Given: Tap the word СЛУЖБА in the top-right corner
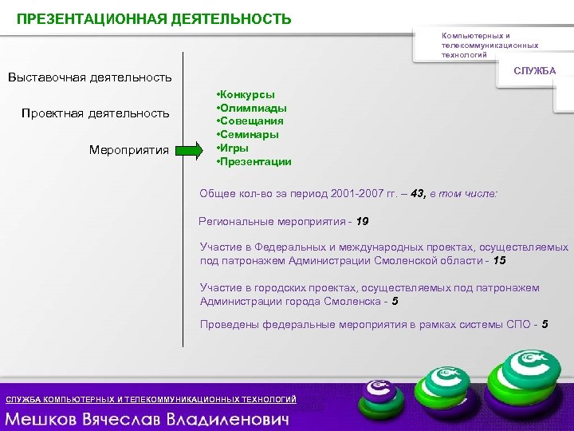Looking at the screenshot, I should click(534, 71).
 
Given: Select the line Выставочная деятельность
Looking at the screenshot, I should click(89, 77).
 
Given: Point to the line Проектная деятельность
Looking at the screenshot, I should click(95, 113).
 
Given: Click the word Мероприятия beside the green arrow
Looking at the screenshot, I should click(129, 149).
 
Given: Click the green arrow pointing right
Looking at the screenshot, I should click(190, 149).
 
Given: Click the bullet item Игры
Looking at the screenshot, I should click(234, 148).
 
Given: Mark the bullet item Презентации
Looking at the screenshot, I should click(256, 161).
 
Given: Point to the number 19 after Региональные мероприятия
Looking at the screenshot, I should click(363, 221).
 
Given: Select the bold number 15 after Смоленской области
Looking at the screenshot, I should click(499, 261).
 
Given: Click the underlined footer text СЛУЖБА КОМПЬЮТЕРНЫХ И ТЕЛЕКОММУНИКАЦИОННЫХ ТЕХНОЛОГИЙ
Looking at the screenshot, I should click(151, 399).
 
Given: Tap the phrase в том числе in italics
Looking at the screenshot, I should click(463, 194).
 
